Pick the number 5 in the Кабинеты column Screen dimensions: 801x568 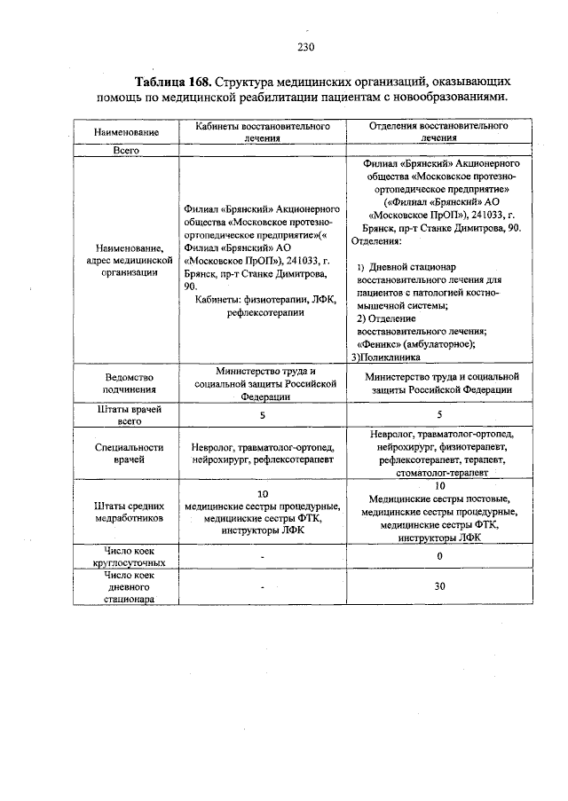tap(263, 414)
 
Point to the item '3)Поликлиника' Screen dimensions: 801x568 tap(387, 357)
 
